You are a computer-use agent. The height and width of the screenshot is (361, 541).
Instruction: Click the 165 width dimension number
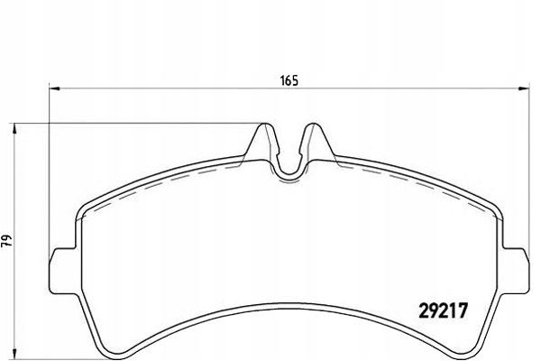289,80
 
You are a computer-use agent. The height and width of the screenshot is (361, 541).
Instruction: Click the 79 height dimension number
6,240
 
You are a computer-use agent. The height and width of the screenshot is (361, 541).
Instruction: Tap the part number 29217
443,310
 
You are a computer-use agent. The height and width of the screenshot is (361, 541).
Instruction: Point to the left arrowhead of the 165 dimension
54,88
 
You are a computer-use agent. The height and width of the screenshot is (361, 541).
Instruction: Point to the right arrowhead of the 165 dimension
524,88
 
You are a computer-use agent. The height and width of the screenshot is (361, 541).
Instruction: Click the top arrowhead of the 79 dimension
14,129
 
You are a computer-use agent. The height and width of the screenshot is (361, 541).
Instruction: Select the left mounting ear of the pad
63,270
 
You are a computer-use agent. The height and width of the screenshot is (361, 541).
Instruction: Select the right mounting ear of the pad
516,270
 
